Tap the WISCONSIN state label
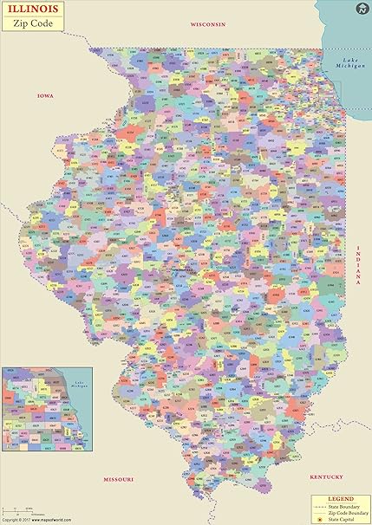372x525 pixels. (x=207, y=25)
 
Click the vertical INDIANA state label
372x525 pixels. (x=356, y=264)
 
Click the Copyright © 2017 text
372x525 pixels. (x=14, y=520)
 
